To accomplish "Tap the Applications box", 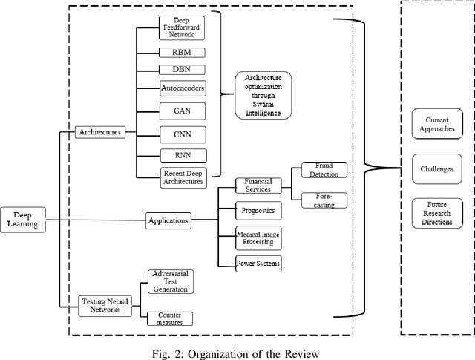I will tap(168, 220).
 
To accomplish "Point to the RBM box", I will tap(181, 53).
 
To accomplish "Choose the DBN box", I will tap(181, 69).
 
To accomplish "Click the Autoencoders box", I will tap(182, 88).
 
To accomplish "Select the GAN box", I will tap(181, 109).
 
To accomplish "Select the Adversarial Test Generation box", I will tap(170, 281).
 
